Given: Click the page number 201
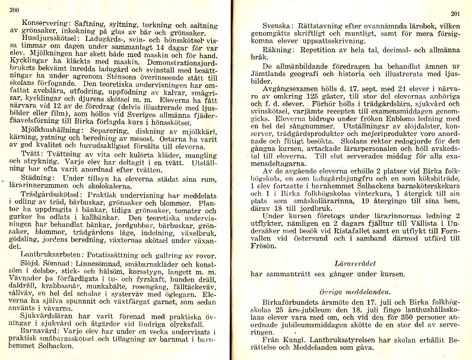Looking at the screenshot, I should point(455,14).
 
